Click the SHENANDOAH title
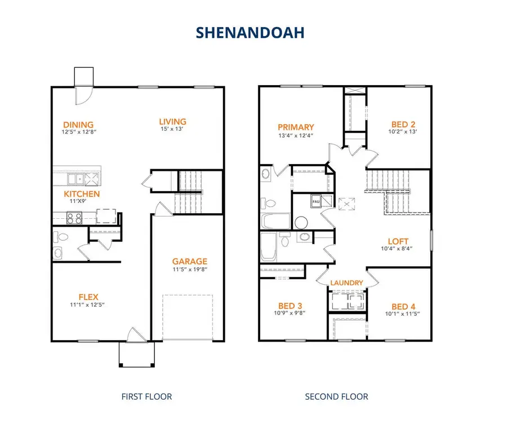[250, 33]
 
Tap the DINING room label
[78, 125]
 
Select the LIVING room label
[172, 121]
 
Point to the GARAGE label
[190, 261]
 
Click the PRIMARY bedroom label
[296, 127]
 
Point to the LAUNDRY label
[346, 283]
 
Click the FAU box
[315, 201]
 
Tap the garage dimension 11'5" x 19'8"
[190, 269]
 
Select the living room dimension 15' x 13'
[172, 130]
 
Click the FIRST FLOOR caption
[146, 396]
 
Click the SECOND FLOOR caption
[336, 396]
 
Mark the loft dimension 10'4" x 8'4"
[398, 249]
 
